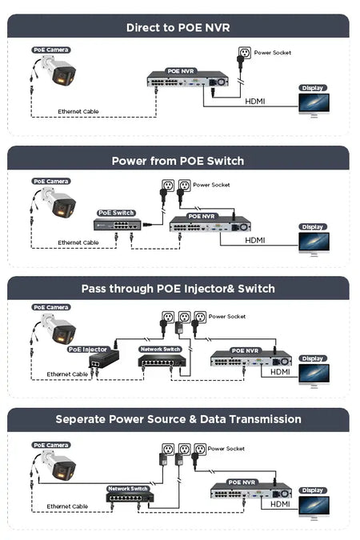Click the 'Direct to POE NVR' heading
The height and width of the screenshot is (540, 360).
[178, 27]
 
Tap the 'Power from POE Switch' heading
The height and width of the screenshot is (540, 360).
[178, 161]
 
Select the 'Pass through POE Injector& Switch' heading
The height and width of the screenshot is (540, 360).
[178, 289]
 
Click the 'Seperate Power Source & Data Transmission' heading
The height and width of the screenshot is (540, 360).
[178, 419]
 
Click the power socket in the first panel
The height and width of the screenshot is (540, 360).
[245, 53]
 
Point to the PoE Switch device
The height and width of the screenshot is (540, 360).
[118, 225]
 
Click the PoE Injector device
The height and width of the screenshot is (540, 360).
[104, 359]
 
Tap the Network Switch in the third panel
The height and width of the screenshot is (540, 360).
[162, 361]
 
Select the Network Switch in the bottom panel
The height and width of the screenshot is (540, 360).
[130, 497]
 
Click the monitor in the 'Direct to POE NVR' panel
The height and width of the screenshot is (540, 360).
[314, 105]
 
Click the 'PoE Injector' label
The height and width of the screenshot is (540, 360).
[87, 350]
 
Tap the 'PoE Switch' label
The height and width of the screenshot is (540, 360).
[116, 213]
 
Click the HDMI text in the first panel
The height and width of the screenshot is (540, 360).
[255, 102]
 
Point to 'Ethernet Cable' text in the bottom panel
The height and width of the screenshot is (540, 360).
[67, 506]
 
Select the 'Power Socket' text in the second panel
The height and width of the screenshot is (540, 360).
[211, 185]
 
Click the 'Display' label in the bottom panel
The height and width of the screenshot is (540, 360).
[313, 490]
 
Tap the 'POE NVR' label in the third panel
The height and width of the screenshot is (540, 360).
[245, 350]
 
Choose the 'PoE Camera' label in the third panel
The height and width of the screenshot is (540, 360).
[51, 307]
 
